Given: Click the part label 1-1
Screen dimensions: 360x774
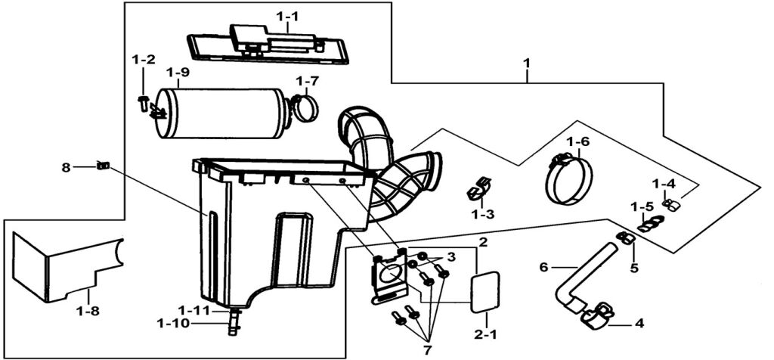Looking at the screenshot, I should (x=287, y=15).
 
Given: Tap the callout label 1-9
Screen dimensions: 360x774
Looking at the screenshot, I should (x=178, y=73).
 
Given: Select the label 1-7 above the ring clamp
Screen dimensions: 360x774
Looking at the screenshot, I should (x=308, y=80).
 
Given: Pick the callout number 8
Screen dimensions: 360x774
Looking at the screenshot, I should (x=66, y=166).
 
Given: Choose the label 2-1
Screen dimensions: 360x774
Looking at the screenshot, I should (x=484, y=333).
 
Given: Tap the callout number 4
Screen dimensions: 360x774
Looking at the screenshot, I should (x=639, y=324).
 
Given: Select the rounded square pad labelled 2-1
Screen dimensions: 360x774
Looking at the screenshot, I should (x=485, y=292).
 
